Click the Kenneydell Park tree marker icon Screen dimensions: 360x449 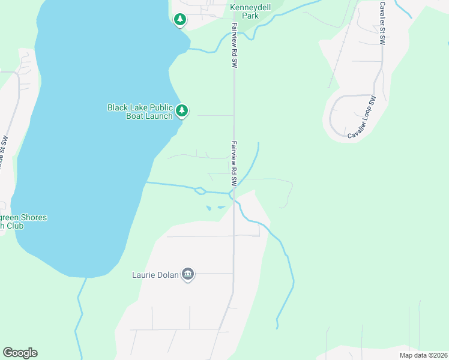[179, 20]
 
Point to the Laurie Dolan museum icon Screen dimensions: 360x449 [188, 274]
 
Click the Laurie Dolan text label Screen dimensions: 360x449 [155, 275]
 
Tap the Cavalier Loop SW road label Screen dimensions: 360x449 [362, 118]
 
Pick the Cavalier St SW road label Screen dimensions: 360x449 [382, 23]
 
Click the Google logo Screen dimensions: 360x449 [20, 353]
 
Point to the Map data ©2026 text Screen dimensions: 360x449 [423, 355]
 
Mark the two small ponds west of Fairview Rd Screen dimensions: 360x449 [215, 208]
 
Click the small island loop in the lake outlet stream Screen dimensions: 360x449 [200, 191]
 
